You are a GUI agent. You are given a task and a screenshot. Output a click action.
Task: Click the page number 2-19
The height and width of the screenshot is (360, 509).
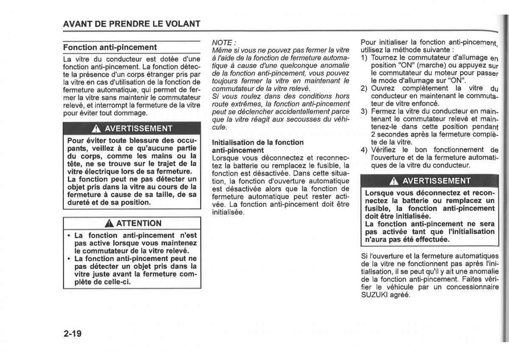73,334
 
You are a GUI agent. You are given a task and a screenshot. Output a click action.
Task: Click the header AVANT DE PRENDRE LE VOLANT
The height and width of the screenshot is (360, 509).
131,24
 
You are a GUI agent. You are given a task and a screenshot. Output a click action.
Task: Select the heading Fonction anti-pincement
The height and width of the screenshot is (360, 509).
110,47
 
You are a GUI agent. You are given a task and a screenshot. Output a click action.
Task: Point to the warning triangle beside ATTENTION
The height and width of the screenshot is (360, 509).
109,223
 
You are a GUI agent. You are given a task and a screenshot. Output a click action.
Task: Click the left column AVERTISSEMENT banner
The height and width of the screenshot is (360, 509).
131,128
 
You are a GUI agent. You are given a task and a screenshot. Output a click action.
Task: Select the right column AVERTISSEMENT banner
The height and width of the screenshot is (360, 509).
429,181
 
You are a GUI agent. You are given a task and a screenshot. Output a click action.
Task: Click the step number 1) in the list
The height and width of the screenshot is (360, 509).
364,57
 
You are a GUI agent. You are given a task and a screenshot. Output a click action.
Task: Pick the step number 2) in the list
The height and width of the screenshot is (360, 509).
364,88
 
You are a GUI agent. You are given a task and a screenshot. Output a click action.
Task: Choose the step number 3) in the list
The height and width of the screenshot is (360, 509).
364,112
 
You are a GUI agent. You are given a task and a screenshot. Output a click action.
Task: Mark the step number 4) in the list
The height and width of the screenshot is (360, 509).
364,150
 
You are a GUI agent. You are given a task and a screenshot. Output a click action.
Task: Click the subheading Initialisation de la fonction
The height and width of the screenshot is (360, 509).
257,142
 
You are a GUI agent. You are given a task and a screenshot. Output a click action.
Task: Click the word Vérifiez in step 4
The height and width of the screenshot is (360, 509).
385,150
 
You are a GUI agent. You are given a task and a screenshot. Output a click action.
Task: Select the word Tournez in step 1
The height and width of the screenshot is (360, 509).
384,57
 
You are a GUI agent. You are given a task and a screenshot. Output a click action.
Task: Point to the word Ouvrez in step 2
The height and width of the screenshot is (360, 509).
383,88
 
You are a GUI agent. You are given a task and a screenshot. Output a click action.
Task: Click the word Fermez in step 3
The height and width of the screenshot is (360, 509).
383,112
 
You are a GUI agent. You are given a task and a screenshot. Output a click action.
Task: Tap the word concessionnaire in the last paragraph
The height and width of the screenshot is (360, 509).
472,287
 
